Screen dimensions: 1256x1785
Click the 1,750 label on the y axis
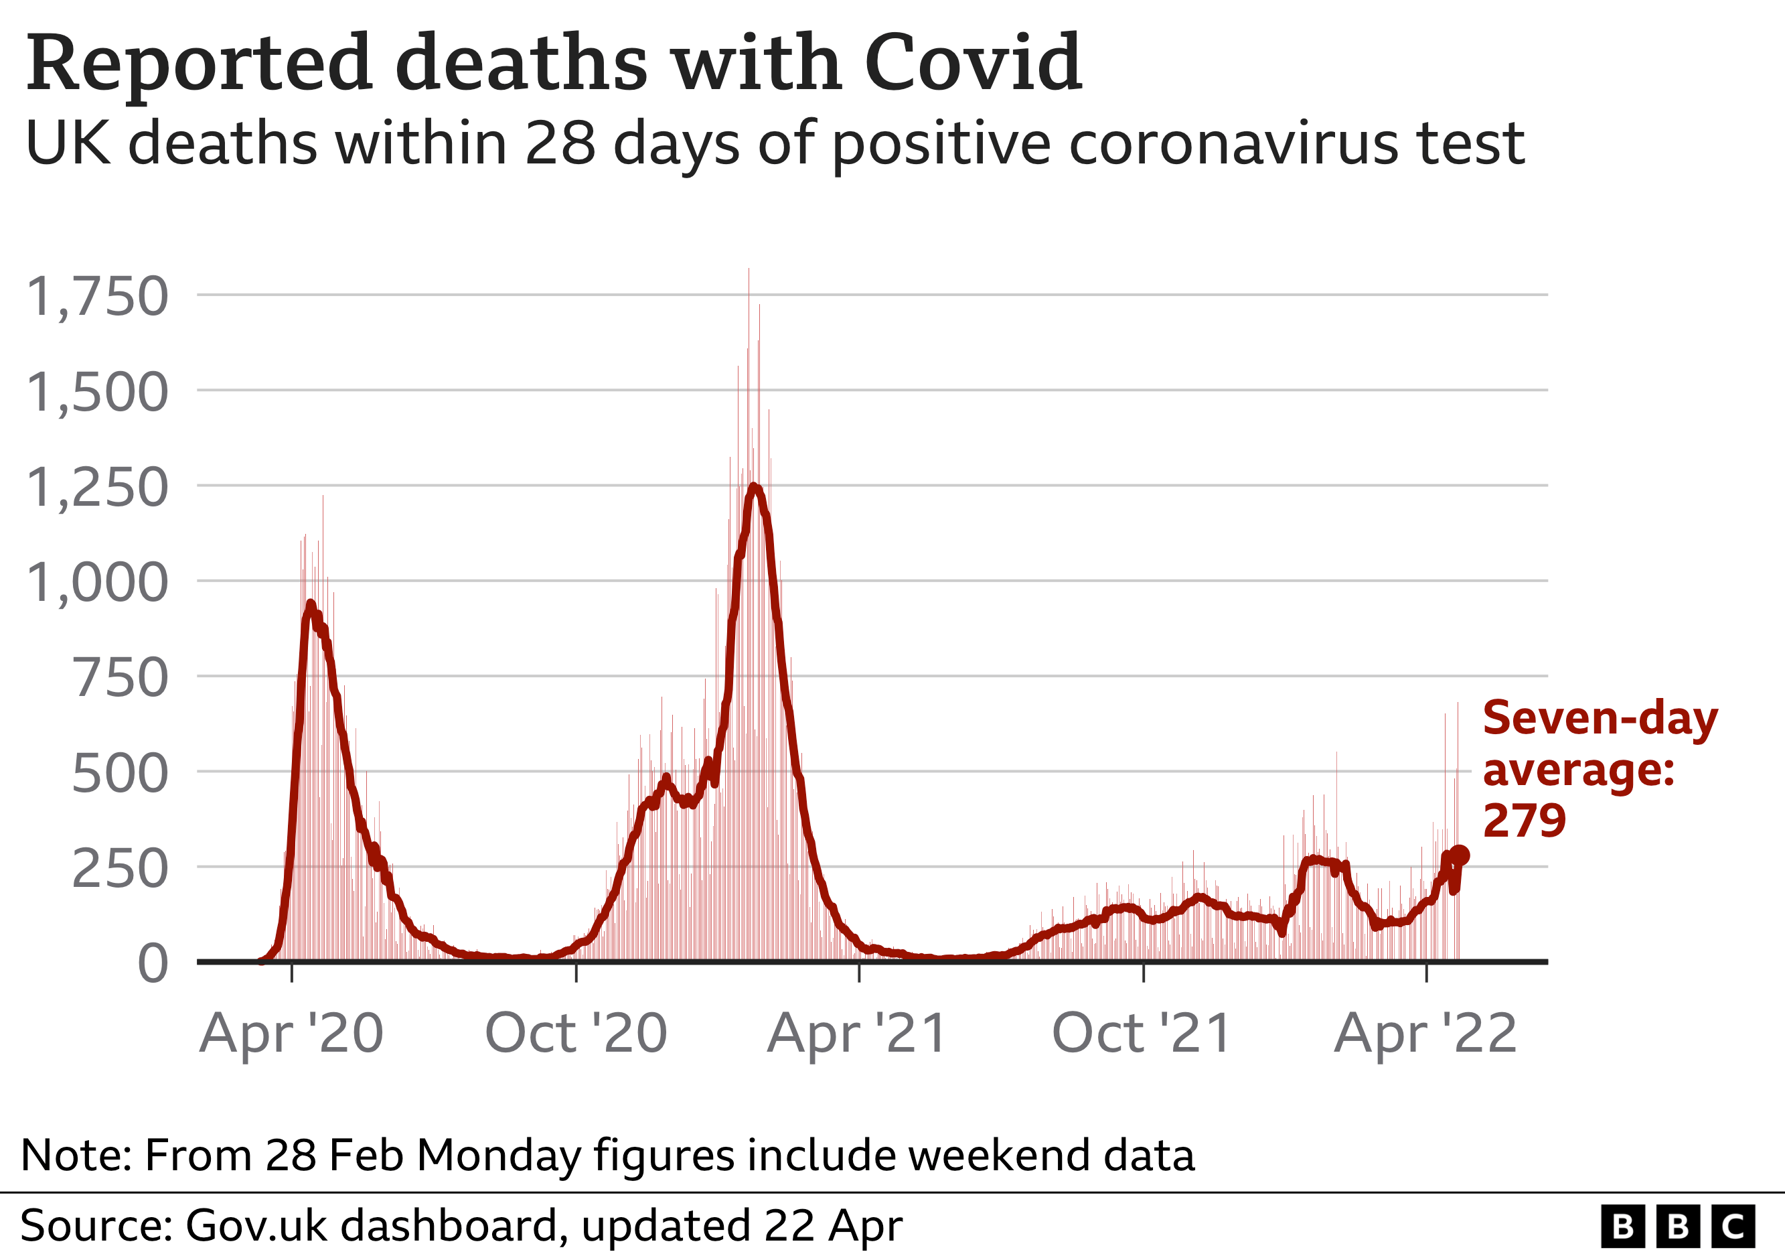(97, 297)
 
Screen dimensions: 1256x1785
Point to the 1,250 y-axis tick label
(97, 488)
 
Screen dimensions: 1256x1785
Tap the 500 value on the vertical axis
(120, 774)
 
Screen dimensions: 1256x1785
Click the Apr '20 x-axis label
(291, 1034)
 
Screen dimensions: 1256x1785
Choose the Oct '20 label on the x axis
(576, 1034)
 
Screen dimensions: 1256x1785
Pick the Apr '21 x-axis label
(858, 1034)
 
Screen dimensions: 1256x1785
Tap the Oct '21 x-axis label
(1142, 1034)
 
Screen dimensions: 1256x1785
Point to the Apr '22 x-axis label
(1426, 1034)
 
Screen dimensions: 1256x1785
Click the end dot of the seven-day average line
(1460, 855)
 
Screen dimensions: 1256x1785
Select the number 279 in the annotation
(1524, 821)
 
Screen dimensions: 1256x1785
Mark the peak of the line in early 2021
(753, 487)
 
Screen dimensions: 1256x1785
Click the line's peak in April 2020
(310, 604)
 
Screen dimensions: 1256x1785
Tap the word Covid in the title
(973, 62)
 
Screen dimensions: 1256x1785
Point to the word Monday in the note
(498, 1155)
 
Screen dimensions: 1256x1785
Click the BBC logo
(1678, 1227)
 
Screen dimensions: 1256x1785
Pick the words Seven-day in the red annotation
(1600, 719)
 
